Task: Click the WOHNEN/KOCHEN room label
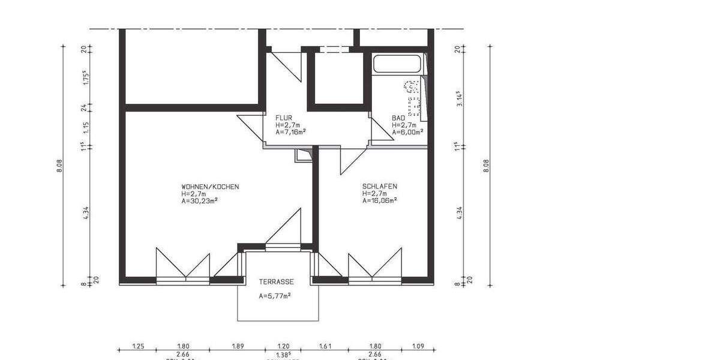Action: point(210,187)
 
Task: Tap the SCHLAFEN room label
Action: point(379,187)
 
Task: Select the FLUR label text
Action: point(283,118)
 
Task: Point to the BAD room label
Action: point(398,118)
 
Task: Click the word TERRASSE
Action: point(276,281)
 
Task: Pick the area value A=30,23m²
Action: point(199,202)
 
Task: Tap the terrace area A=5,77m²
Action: point(275,296)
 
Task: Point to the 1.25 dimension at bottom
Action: point(138,347)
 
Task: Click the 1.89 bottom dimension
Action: point(237,347)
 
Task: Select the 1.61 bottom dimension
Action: point(325,347)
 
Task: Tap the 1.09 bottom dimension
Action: point(418,347)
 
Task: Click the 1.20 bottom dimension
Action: point(283,347)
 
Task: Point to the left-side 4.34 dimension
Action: point(86,212)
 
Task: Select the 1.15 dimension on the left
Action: point(86,127)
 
